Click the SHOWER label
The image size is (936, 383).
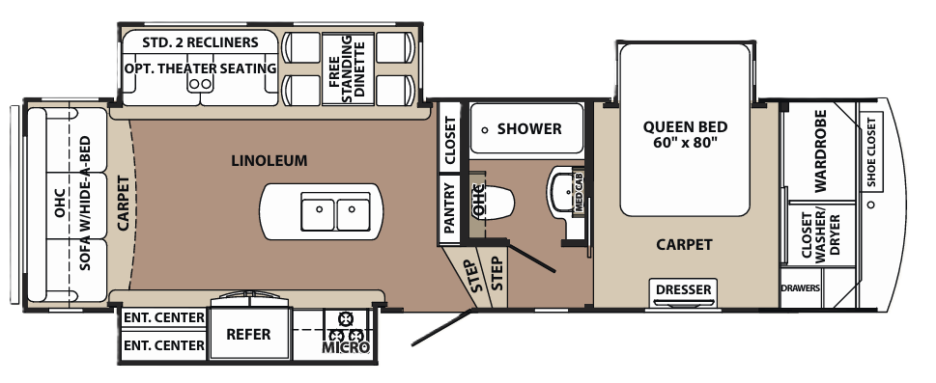click(529, 129)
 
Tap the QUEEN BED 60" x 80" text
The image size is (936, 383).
click(685, 134)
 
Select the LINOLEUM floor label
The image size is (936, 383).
click(269, 160)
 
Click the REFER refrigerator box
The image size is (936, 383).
click(248, 335)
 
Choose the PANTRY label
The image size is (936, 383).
click(448, 206)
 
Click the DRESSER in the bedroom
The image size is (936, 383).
click(684, 289)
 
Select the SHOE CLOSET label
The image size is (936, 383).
click(870, 151)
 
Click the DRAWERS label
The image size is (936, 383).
click(801, 288)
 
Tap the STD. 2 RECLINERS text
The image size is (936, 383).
click(200, 42)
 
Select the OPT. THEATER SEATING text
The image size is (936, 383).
click(201, 68)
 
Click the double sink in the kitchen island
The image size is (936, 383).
click(334, 208)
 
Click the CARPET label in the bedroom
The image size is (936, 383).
click(684, 244)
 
